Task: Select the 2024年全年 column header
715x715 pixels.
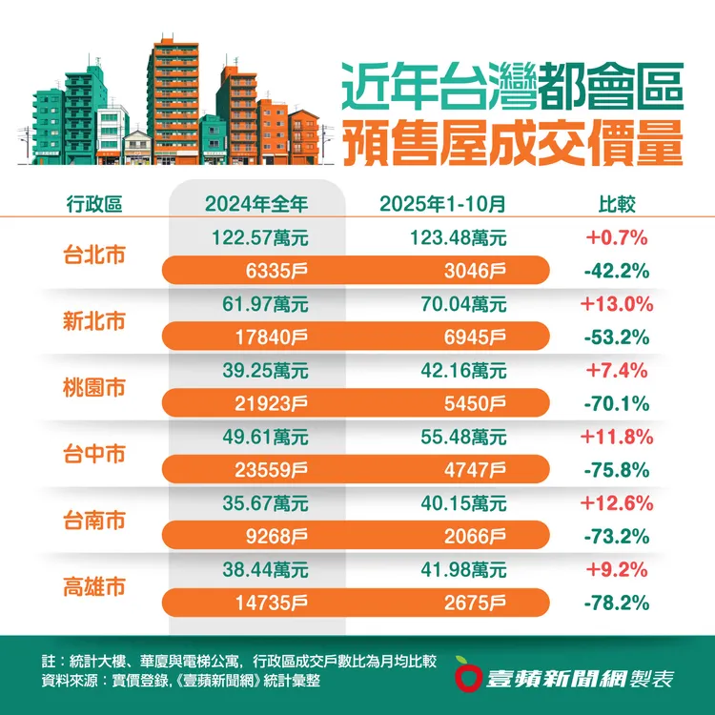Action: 256,203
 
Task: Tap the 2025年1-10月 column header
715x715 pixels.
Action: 442,203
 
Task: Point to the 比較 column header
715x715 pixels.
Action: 616,203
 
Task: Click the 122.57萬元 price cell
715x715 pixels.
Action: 256,237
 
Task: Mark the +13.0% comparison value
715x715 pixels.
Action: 616,304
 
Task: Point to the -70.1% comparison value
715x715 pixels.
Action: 616,403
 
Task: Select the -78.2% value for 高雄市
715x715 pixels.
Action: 616,603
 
